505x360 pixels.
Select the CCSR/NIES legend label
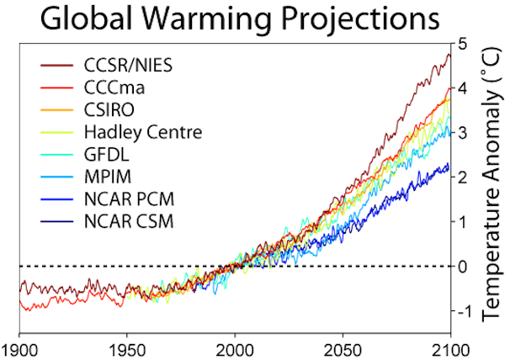(x=128, y=66)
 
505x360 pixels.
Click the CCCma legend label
(x=114, y=87)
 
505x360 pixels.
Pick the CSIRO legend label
(x=109, y=109)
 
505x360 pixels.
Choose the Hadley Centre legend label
(x=143, y=132)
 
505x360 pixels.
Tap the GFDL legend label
(x=107, y=155)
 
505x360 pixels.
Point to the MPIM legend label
(x=108, y=177)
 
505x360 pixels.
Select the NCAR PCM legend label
(x=129, y=199)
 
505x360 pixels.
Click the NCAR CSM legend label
(x=129, y=221)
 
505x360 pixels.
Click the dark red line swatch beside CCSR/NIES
(x=57, y=66)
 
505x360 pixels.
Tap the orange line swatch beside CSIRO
(x=57, y=109)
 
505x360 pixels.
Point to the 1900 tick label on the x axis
(x=19, y=351)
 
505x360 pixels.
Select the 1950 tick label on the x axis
(x=127, y=351)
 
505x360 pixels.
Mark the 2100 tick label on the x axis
(x=450, y=351)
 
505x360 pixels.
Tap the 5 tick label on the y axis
(x=462, y=43)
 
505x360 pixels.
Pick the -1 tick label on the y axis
(x=460, y=311)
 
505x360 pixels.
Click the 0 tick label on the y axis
(x=462, y=267)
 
